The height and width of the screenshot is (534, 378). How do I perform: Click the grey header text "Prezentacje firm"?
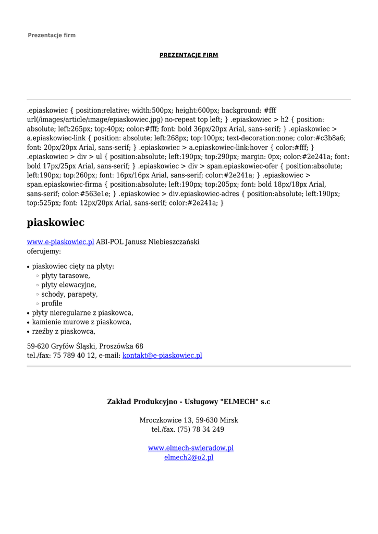click(52, 35)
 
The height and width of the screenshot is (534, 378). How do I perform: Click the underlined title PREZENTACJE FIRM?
click(189, 55)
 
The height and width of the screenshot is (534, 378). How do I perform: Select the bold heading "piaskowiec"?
click(55, 223)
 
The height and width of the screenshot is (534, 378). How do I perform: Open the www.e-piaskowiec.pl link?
click(60, 242)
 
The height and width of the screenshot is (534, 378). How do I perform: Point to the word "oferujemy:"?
click(44, 251)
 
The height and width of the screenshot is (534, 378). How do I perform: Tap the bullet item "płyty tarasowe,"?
click(66, 276)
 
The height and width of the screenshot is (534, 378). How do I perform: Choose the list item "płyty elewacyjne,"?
click(69, 285)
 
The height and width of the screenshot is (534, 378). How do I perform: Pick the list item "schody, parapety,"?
click(69, 295)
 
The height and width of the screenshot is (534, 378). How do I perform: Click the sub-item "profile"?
click(52, 304)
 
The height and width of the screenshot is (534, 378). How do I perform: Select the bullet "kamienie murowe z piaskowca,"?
click(82, 322)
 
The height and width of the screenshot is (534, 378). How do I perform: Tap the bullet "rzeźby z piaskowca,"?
click(64, 332)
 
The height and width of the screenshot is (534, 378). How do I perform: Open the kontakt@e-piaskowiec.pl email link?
click(162, 356)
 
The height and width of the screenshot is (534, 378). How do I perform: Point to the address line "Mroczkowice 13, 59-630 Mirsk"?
click(189, 420)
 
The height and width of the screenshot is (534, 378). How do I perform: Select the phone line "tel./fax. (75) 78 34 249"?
click(188, 430)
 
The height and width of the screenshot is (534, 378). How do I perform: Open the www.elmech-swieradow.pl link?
click(191, 448)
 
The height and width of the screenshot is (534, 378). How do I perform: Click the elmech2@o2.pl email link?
click(189, 458)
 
